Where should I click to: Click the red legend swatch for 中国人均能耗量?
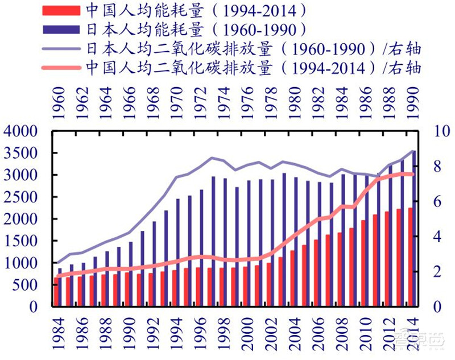click(x=61, y=10)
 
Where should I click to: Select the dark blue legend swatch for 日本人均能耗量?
click(x=61, y=29)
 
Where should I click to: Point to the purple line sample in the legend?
click(x=61, y=48)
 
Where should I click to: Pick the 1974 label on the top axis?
click(x=224, y=104)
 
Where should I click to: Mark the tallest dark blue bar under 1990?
click(x=414, y=227)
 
